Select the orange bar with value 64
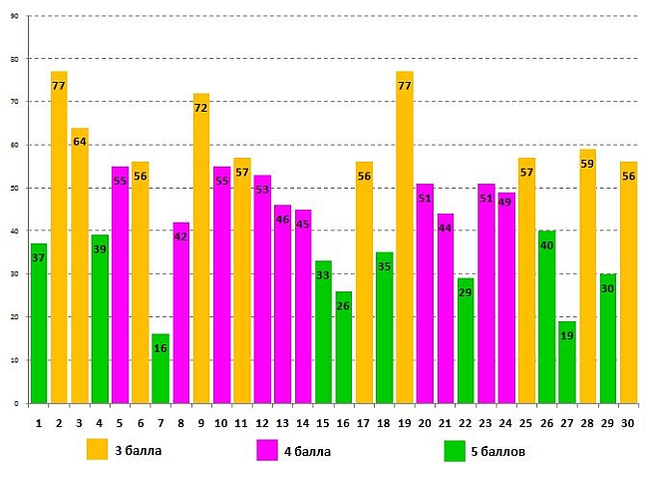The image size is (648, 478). coord(79,269)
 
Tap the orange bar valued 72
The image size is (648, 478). coord(201,249)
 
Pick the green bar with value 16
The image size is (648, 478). coord(161,369)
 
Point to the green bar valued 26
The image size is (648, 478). coord(344,349)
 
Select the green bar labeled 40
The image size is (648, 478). coord(546,319)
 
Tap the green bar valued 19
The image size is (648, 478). coord(566,364)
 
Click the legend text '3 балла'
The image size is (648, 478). coord(137,451)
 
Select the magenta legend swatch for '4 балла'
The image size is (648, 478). coord(267,450)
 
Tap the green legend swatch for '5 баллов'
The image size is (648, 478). coord(455,451)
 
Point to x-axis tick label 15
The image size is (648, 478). coord(323,423)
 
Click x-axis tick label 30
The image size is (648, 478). coord(628,423)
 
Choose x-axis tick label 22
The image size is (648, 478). coord(465,423)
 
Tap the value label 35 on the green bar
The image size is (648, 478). coord(384,266)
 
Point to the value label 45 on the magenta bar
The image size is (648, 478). coord(302,224)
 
